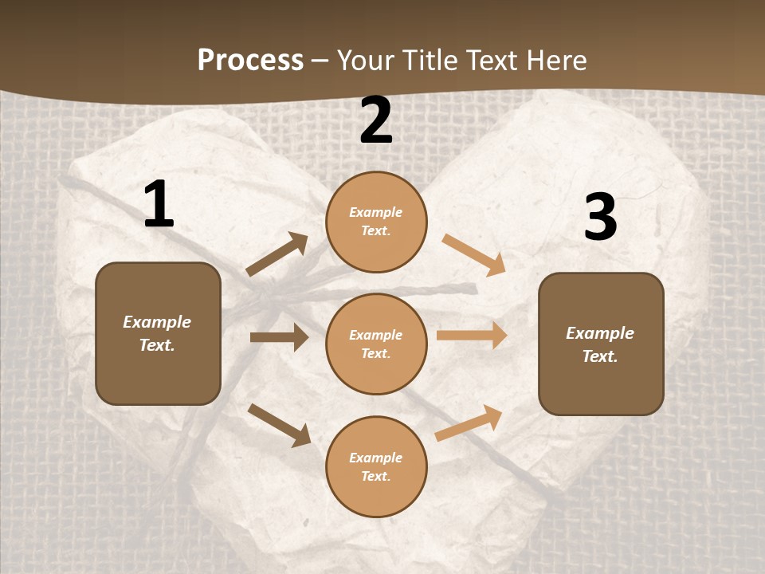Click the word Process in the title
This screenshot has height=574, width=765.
point(250,61)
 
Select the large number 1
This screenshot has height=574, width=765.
point(158,205)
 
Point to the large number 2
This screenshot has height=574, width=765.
point(376,120)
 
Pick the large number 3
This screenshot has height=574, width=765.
point(600,217)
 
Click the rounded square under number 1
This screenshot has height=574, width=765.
point(158,333)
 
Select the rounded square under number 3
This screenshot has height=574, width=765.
point(601,344)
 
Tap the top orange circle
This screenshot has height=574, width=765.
point(376,222)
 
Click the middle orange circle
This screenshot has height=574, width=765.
point(376,344)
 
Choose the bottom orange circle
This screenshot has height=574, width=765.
point(376,466)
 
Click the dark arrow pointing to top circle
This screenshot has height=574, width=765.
point(277,254)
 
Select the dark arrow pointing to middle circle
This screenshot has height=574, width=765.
point(279,337)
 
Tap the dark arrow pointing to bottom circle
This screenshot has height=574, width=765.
point(279,425)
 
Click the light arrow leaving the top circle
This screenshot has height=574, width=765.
point(474,255)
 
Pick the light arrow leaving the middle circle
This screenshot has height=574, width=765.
point(472,335)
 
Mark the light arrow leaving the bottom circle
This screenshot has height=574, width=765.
point(469,423)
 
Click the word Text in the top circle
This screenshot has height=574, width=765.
point(375,231)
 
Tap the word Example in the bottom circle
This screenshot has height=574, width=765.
point(375,458)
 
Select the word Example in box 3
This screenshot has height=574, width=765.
point(600,333)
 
